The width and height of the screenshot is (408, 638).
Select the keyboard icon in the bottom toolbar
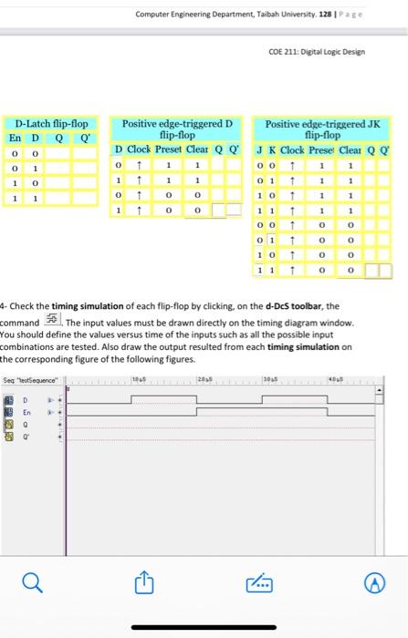(x=262, y=583)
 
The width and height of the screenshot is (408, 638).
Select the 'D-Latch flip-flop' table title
(x=51, y=122)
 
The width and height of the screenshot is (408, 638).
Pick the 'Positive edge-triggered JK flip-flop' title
(x=315, y=129)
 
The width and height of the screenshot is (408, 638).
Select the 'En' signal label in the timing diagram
(x=27, y=411)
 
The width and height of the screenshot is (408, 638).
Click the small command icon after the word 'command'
(x=51, y=323)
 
